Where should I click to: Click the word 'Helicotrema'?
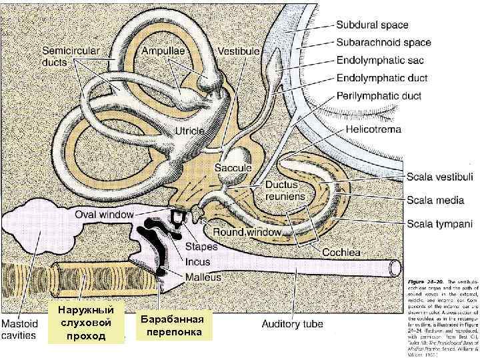point(373,130)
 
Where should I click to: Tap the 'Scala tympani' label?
point(439,223)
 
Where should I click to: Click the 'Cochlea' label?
point(342,253)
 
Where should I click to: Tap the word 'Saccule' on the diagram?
point(233,168)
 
